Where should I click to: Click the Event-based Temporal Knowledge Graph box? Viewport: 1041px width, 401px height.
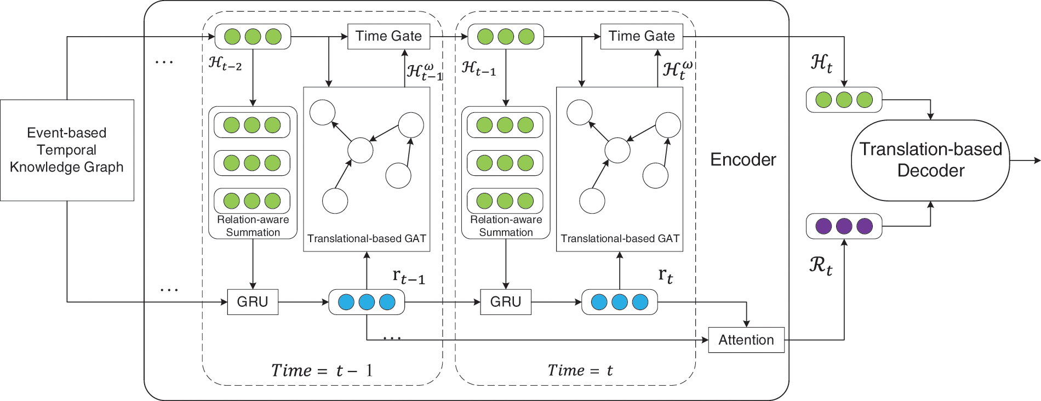(x=67, y=150)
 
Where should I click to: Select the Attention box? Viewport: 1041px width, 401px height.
(x=746, y=340)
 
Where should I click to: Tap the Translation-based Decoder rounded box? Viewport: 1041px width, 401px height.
(x=930, y=160)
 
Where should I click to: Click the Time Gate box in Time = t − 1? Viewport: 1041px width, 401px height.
(x=388, y=36)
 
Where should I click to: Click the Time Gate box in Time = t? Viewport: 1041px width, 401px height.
(x=642, y=36)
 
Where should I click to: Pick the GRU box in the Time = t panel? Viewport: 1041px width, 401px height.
(x=505, y=302)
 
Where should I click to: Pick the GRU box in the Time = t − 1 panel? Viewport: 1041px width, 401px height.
(x=253, y=302)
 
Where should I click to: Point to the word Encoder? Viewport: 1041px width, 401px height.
(x=743, y=159)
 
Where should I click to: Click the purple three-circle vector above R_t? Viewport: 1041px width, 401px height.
(x=844, y=226)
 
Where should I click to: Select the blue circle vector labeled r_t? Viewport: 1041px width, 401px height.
(x=619, y=302)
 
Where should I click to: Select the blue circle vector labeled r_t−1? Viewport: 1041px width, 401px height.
(x=366, y=302)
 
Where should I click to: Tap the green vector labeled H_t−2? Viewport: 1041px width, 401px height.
(x=253, y=37)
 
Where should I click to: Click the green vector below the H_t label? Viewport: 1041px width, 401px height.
(x=844, y=100)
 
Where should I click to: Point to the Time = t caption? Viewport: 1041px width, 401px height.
(x=580, y=371)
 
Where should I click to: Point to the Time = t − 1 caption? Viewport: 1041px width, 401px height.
(x=322, y=371)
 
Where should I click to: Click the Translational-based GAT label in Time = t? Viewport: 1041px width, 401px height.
(x=620, y=239)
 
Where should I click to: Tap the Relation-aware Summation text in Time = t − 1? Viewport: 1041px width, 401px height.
(x=253, y=226)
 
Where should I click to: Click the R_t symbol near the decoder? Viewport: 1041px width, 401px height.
(x=821, y=266)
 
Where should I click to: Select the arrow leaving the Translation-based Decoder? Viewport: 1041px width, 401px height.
(x=1025, y=161)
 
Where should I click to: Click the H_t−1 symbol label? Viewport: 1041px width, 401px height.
(x=478, y=68)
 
